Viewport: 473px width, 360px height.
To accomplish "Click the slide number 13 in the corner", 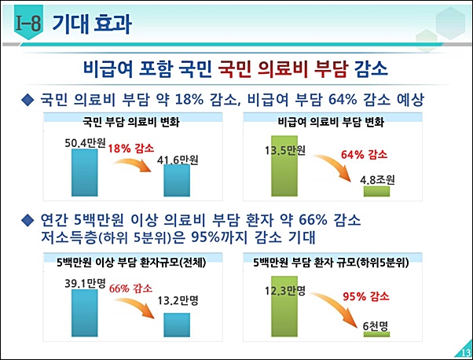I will click(464, 351).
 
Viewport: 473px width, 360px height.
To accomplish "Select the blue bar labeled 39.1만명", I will click(83, 314).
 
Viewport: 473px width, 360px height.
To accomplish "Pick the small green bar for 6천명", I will click(376, 334).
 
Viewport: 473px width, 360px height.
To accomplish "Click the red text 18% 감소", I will click(131, 148).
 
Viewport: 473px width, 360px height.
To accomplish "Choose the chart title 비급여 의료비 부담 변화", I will click(331, 123).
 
